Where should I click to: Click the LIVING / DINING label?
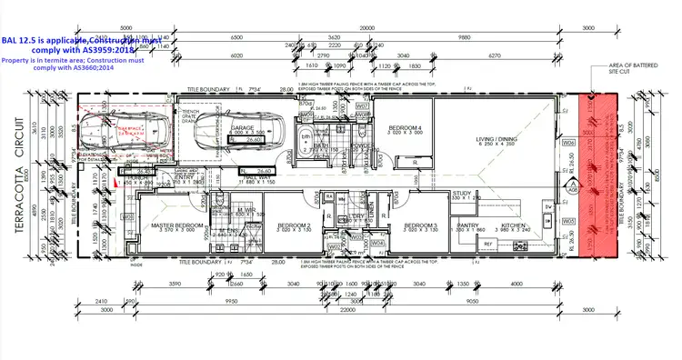[499, 138]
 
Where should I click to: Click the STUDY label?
[463, 193]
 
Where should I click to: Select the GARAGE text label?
[241, 128]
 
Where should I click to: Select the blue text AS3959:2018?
[105, 50]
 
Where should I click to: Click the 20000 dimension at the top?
[366, 28]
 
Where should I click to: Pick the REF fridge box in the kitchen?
[486, 245]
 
